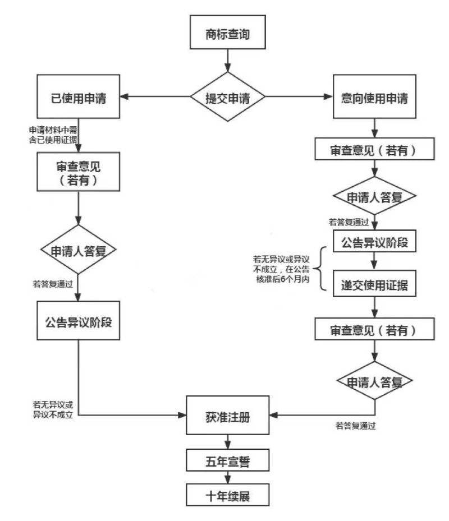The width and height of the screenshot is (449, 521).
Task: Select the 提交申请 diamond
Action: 227,96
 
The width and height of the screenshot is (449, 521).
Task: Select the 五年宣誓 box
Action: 227,462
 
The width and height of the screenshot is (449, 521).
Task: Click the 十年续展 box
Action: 227,496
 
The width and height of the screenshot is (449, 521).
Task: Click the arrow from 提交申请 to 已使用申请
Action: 154,97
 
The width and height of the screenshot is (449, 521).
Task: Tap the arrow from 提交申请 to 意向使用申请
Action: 300,97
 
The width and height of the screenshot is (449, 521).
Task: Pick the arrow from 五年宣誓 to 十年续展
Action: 227,478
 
